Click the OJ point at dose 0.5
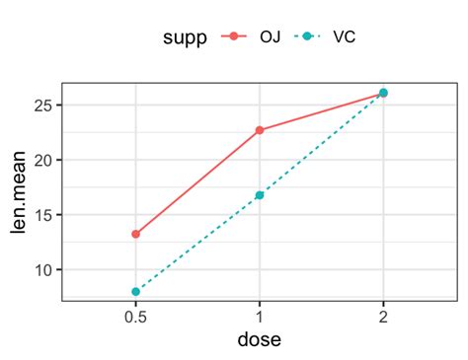(x=135, y=235)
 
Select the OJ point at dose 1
(x=260, y=130)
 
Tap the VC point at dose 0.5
(x=135, y=292)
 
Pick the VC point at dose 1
(x=260, y=195)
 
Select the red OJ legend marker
(x=234, y=37)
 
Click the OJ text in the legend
(x=270, y=37)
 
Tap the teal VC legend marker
(x=310, y=37)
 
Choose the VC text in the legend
(x=345, y=37)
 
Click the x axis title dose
(x=259, y=340)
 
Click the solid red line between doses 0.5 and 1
(x=197, y=182)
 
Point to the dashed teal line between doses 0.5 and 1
(x=197, y=244)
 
